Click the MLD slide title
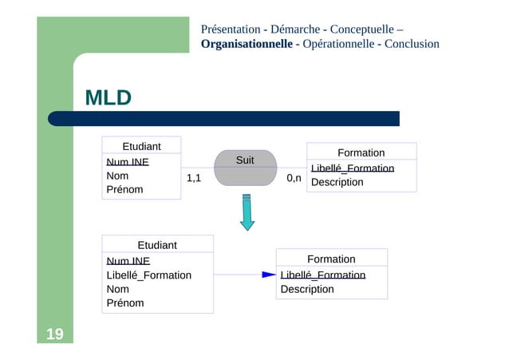point(108,98)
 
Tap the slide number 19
point(55,334)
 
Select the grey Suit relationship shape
point(245,168)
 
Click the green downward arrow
point(247,212)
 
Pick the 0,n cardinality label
point(294,178)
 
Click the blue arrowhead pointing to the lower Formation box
point(269,275)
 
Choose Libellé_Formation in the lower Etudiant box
point(149,275)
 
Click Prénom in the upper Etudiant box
point(124,190)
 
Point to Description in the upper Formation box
point(337,182)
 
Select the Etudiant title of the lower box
point(157,245)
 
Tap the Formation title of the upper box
point(361,152)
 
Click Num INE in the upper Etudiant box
point(128,162)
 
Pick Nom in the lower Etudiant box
point(118,289)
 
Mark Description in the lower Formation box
point(307,289)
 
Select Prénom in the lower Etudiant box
point(125,303)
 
